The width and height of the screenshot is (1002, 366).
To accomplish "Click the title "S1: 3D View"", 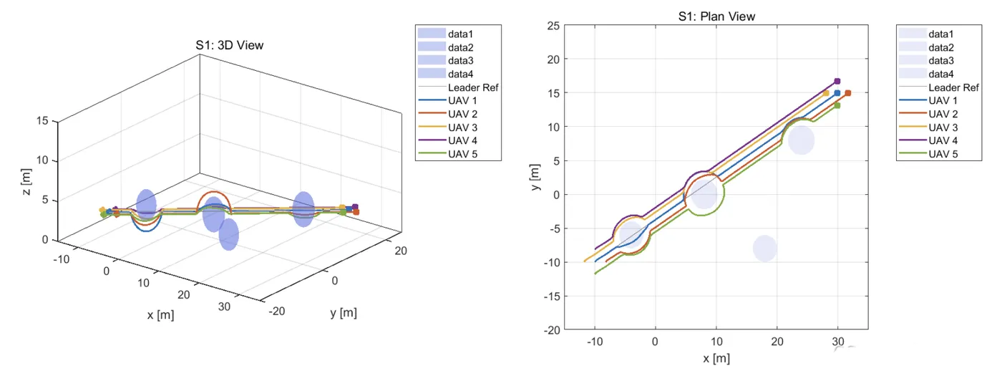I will [229, 45].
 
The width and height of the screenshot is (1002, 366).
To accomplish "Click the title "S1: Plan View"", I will [716, 16].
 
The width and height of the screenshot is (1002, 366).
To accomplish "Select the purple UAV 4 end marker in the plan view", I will [837, 81].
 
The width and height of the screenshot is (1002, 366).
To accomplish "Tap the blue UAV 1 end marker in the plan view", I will [837, 92].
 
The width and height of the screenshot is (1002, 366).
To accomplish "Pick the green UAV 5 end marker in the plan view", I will [837, 105].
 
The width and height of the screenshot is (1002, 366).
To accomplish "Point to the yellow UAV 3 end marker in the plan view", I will [825, 93].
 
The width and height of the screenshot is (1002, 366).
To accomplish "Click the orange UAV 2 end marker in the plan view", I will [847, 93].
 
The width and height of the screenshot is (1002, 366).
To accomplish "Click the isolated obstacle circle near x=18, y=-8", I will [764, 249].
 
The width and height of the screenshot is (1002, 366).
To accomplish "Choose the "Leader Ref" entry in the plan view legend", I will [953, 87].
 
